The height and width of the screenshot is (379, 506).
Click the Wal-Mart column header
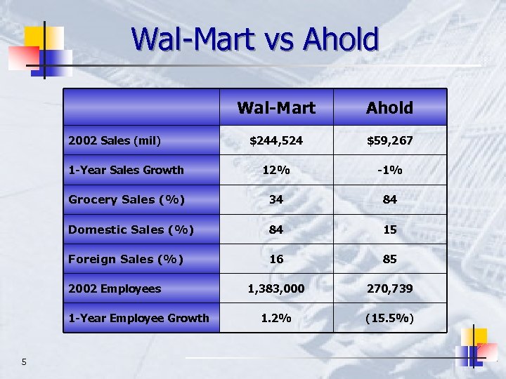[276, 107]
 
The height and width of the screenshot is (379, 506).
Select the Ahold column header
[389, 107]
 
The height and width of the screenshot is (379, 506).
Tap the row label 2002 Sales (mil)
[115, 140]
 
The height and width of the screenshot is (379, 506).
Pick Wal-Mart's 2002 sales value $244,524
[276, 140]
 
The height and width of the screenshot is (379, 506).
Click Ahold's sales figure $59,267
[389, 140]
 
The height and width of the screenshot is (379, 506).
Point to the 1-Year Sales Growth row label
[126, 170]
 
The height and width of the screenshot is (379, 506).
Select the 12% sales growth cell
[276, 170]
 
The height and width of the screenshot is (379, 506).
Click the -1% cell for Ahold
[389, 170]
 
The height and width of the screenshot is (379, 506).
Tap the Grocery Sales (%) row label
[126, 199]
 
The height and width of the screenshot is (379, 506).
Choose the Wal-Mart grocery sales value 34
[276, 199]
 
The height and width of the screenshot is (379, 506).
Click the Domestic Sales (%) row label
[131, 230]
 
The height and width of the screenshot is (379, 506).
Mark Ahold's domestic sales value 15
[389, 230]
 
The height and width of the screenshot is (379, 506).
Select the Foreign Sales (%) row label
[126, 259]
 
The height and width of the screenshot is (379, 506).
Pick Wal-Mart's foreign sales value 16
[276, 259]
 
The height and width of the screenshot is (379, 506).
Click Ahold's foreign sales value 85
[389, 259]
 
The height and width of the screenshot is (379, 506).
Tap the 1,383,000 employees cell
[276, 288]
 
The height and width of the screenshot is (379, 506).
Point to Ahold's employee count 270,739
[389, 288]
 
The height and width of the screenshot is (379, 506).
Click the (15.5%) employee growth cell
[389, 318]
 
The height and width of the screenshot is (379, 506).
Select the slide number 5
[24, 362]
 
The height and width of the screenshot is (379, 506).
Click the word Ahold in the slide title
[341, 39]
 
